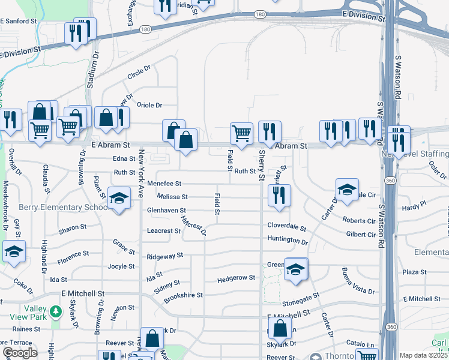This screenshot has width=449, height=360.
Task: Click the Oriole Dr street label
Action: pyautogui.click(x=149, y=105)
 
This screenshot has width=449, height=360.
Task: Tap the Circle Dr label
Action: pyautogui.click(x=139, y=73)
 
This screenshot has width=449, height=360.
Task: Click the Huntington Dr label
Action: pyautogui.click(x=288, y=241)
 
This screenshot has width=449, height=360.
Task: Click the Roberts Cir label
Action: pyautogui.click(x=358, y=221)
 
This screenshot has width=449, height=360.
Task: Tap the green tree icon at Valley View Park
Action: pyautogui.click(x=56, y=311)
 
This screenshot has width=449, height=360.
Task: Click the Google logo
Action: pyautogui.click(x=19, y=353)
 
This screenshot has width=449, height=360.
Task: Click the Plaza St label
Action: pyautogui.click(x=414, y=272)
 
